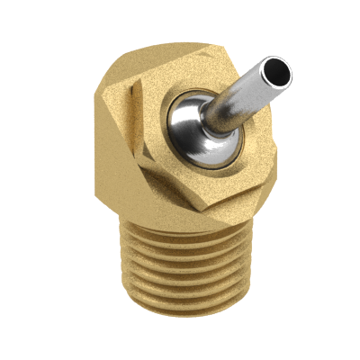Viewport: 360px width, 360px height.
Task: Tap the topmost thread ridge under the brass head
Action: pyautogui.click(x=180, y=236)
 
